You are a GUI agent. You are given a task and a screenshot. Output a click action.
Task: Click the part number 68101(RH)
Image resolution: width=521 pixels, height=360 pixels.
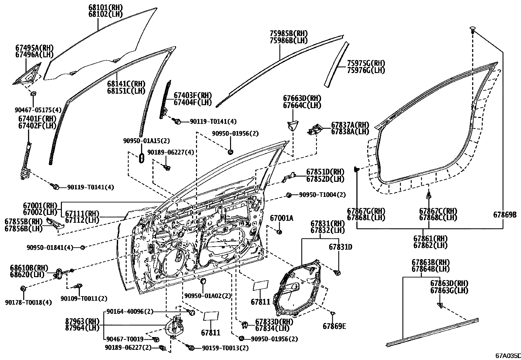(x=105, y=8)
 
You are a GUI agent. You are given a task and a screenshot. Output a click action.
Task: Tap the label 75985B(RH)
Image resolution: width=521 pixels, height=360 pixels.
(x=289, y=33)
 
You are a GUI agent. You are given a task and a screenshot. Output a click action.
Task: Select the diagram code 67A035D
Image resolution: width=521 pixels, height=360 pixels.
(x=508, y=355)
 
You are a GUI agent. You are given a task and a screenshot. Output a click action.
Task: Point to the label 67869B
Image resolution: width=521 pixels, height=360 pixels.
(x=505, y=215)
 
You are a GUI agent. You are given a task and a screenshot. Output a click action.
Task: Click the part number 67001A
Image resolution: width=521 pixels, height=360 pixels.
(x=281, y=218)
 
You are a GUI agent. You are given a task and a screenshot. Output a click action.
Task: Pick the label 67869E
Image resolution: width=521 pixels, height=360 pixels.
(x=334, y=326)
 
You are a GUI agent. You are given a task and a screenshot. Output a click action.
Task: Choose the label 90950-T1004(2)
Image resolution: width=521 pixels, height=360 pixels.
(x=322, y=195)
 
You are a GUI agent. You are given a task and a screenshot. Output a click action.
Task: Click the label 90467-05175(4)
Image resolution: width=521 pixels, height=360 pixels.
(x=38, y=110)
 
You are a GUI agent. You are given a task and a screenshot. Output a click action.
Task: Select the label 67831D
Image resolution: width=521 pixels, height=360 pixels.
(x=340, y=247)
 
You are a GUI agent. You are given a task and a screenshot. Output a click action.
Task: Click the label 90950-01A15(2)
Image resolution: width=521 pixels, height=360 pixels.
(x=147, y=141)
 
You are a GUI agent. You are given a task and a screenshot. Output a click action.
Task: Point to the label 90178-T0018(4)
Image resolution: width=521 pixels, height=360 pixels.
(x=28, y=302)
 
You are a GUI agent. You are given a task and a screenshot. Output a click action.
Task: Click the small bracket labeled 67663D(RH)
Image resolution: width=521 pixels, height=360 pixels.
(x=292, y=126)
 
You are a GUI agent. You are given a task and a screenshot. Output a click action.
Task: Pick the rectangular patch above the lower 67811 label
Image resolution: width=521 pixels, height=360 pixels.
(x=211, y=316)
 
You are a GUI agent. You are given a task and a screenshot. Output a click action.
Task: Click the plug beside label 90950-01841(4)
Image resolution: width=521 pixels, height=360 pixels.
(x=82, y=248)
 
